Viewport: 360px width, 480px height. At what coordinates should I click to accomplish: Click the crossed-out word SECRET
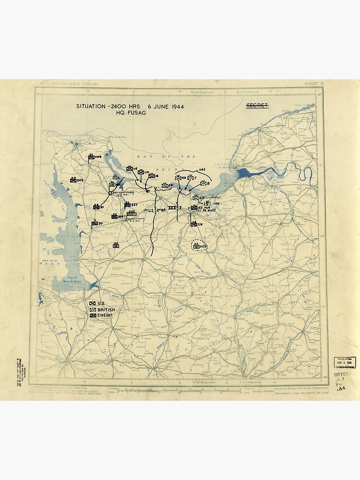click(x=257, y=105)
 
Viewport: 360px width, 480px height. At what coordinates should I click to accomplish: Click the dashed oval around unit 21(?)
click(x=198, y=246)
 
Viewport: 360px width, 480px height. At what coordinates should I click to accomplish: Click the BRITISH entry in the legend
click(x=101, y=309)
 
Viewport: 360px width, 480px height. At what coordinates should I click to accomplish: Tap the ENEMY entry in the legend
click(x=101, y=315)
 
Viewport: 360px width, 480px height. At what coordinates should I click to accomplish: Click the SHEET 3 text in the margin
click(x=313, y=84)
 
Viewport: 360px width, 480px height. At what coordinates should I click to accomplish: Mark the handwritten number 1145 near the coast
click(x=201, y=170)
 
